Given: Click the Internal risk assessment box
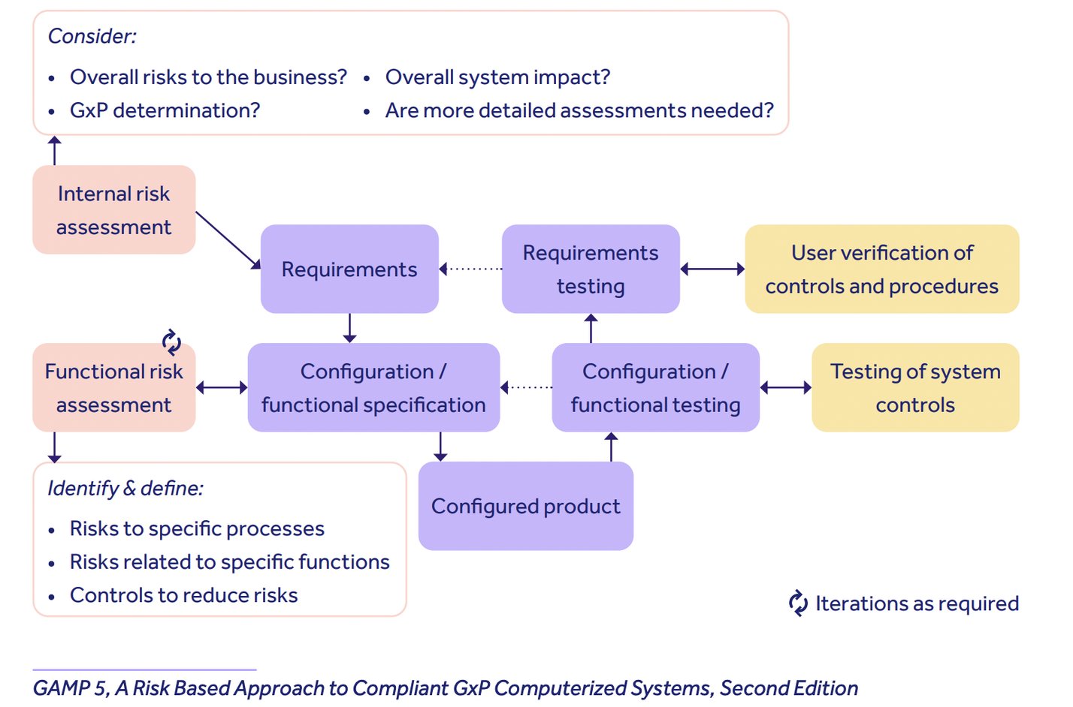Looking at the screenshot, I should point(114,210).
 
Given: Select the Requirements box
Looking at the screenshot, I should point(349,269).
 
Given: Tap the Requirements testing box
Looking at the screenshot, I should point(591,269).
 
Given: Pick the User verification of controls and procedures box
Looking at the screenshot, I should point(881,269).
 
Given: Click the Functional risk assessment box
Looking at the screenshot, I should point(114,388).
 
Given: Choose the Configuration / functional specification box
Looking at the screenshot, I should point(373,388).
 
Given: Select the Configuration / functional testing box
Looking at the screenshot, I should point(655,388).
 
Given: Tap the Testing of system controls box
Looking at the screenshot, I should point(915,388).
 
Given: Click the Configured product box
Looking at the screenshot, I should point(525,507).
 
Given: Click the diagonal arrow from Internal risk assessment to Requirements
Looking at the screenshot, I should point(228,240).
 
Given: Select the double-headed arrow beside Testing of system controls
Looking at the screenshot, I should point(786,388).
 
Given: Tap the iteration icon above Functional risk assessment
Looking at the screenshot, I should point(172,342).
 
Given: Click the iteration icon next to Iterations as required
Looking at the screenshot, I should point(798,603).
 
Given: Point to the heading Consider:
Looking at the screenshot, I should point(92,36).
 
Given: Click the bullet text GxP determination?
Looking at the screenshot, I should point(165,110).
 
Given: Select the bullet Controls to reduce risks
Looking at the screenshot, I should point(183,595).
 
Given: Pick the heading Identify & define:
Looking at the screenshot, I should point(125,489).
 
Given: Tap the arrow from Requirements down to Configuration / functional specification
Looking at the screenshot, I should point(349,328).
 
